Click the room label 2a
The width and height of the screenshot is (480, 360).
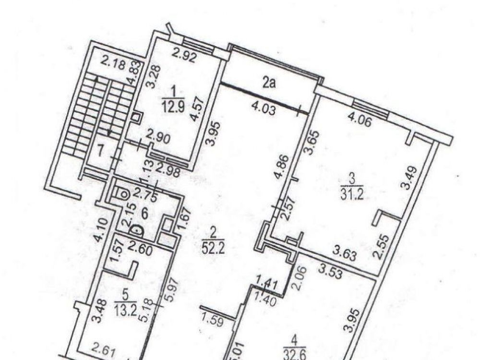[x=269, y=83]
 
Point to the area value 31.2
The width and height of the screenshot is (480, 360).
[x=352, y=194]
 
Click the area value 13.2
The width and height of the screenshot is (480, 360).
[x=125, y=310]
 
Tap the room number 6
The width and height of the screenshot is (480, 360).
[x=144, y=214]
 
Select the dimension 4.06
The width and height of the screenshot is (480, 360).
[x=360, y=120]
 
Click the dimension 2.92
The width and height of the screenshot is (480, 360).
[x=184, y=55]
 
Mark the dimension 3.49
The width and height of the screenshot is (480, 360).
[x=410, y=178]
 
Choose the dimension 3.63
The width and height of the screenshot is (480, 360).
[x=344, y=254]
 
